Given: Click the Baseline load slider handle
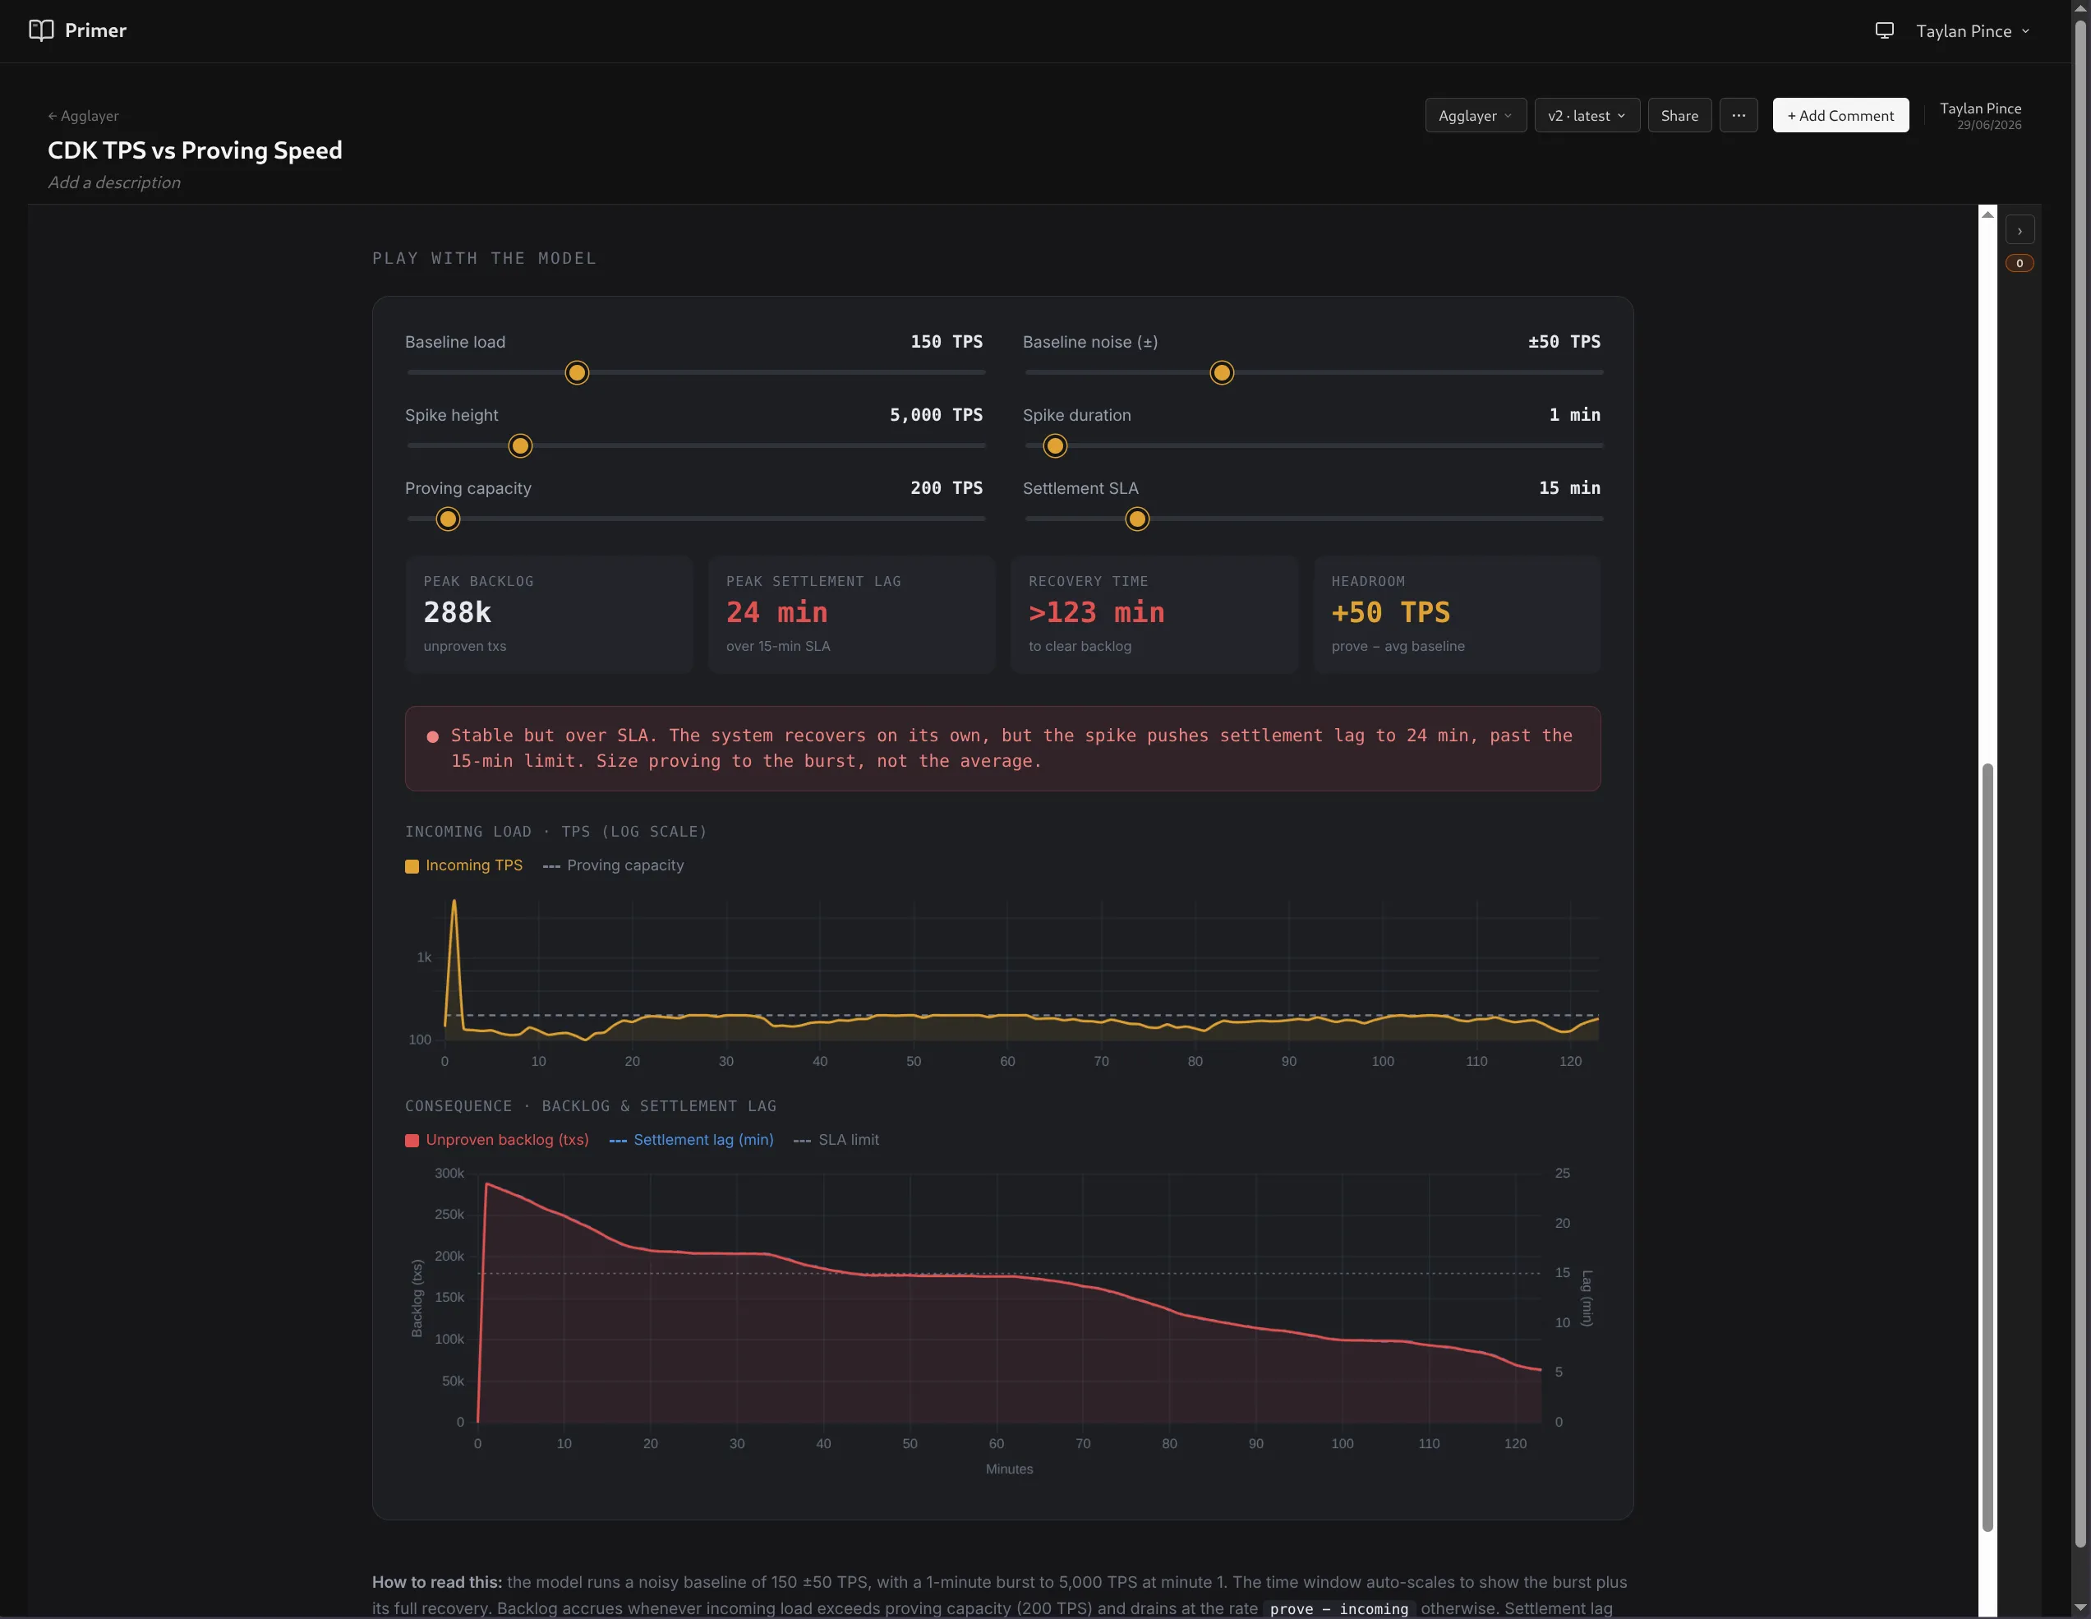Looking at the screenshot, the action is (577, 372).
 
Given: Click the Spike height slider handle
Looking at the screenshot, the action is (520, 445).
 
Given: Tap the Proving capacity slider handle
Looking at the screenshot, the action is (447, 519).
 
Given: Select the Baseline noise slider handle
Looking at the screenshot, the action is (1222, 372).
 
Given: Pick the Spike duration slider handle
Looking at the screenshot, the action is (1054, 445).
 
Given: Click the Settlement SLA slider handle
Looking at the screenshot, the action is (1136, 519).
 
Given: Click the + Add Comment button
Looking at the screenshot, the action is (1840, 115).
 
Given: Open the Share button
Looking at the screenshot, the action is (1679, 115).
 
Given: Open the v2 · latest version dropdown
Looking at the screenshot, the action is (1587, 115).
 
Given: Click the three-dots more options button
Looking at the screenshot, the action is (1739, 115).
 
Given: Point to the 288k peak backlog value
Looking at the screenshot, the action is (458, 611).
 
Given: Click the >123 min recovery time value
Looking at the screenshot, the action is (1096, 611).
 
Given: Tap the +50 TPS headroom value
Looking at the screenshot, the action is (1390, 611).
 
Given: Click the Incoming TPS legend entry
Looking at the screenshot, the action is (464, 865).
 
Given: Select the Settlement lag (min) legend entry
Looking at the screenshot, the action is (691, 1139).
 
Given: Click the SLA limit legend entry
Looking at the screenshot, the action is (836, 1139).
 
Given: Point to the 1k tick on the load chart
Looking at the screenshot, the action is (424, 957).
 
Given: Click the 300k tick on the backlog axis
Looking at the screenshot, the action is (449, 1173).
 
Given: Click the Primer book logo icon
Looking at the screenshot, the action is (41, 30).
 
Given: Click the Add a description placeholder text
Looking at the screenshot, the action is (114, 182).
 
